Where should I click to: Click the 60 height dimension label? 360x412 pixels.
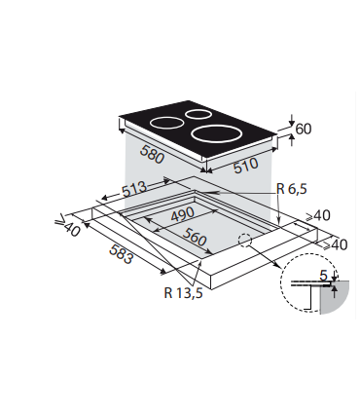[303, 130]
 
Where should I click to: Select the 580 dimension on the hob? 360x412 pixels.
[152, 157]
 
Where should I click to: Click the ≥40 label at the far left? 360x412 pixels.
[66, 226]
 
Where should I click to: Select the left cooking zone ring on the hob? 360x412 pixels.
[166, 124]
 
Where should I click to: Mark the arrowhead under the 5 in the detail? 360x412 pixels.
[334, 287]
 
